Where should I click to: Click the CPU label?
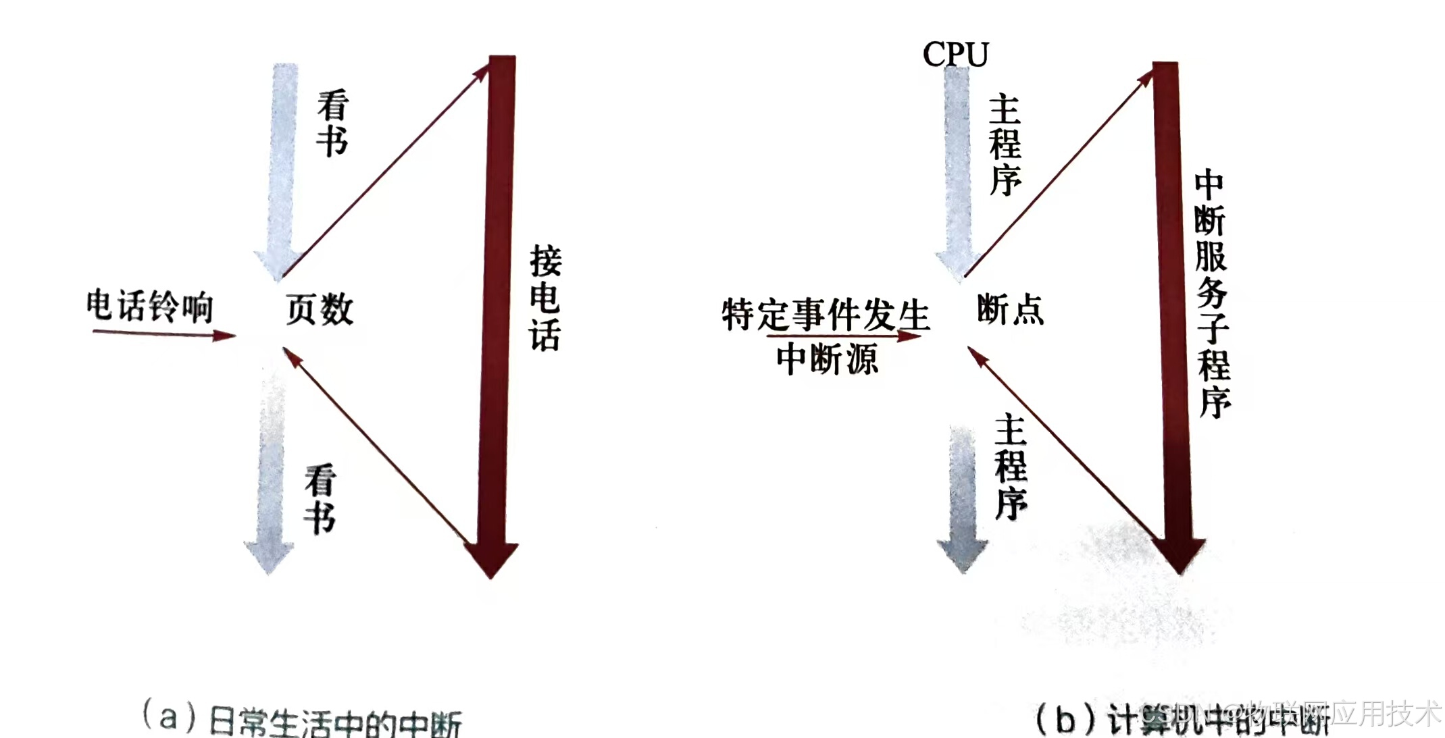point(955,54)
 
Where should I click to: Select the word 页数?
point(320,310)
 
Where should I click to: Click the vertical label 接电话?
point(545,298)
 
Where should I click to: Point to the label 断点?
point(1010,310)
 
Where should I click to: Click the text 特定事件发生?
point(826,315)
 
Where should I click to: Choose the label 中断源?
point(827,359)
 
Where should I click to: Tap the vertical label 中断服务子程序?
point(1213,294)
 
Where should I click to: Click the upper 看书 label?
point(332,123)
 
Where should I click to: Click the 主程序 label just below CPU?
point(1005,145)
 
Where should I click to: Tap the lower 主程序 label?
point(1011,467)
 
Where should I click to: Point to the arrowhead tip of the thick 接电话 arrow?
point(492,575)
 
